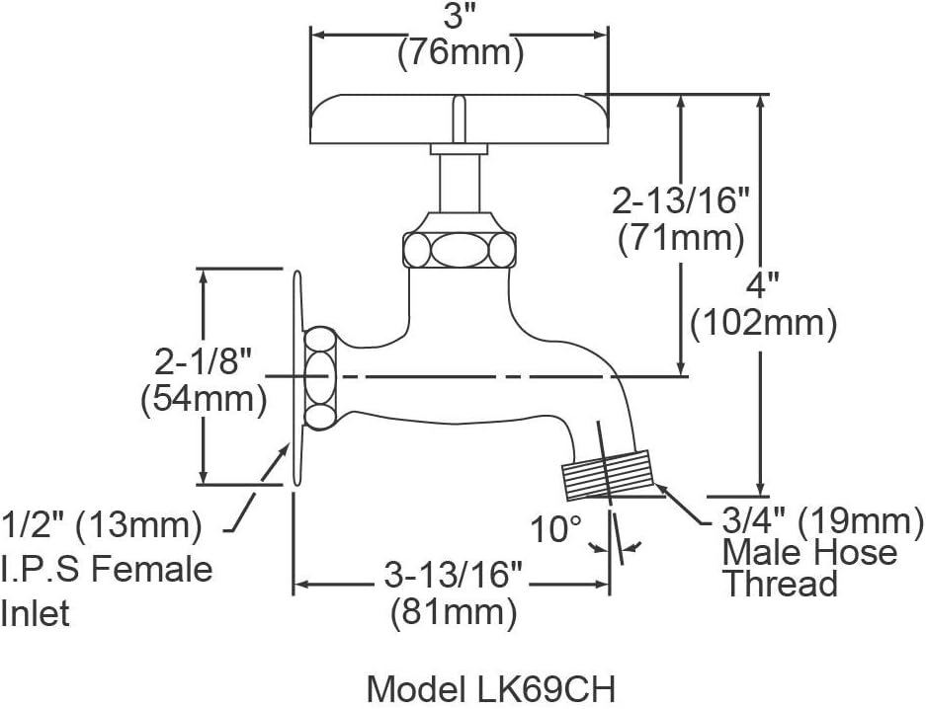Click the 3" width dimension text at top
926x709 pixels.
click(460, 18)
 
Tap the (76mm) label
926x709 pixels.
click(460, 53)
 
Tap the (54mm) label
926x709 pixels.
click(205, 398)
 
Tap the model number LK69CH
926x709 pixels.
click(492, 688)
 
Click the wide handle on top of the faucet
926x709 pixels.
click(460, 118)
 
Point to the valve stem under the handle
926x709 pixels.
click(459, 183)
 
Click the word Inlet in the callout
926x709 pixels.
click(36, 613)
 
